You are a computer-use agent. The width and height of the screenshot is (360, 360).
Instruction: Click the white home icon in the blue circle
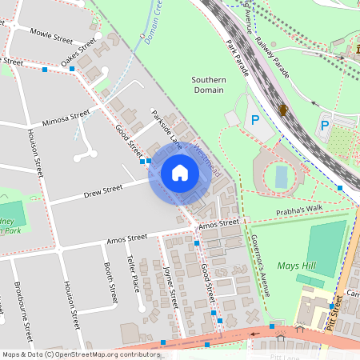[x=180, y=173]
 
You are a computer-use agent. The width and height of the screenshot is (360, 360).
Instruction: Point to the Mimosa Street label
[x=66, y=117]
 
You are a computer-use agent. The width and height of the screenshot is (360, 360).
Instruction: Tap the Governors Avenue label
[x=256, y=254]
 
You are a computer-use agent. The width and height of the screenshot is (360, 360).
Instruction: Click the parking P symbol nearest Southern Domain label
[x=255, y=120]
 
